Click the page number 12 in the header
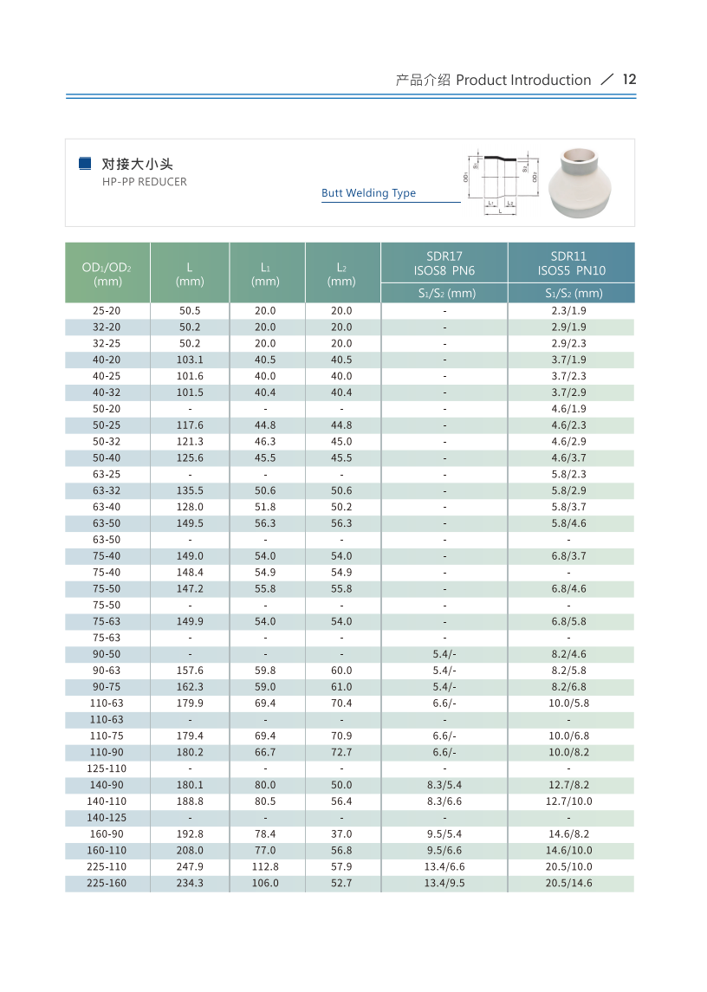[629, 80]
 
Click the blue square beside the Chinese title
[85, 163]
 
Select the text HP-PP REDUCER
[145, 182]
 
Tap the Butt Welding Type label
[368, 193]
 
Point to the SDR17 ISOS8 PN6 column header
[444, 263]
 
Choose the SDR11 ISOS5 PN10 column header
[571, 263]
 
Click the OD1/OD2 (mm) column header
[107, 273]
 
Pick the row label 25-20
[107, 311]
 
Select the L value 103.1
[190, 360]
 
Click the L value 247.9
[190, 867]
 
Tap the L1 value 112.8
[265, 867]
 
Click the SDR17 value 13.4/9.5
[444, 884]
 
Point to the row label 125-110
[107, 769]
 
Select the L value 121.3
[190, 442]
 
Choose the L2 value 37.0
[341, 834]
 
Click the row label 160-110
[107, 851]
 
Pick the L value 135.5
[190, 491]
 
